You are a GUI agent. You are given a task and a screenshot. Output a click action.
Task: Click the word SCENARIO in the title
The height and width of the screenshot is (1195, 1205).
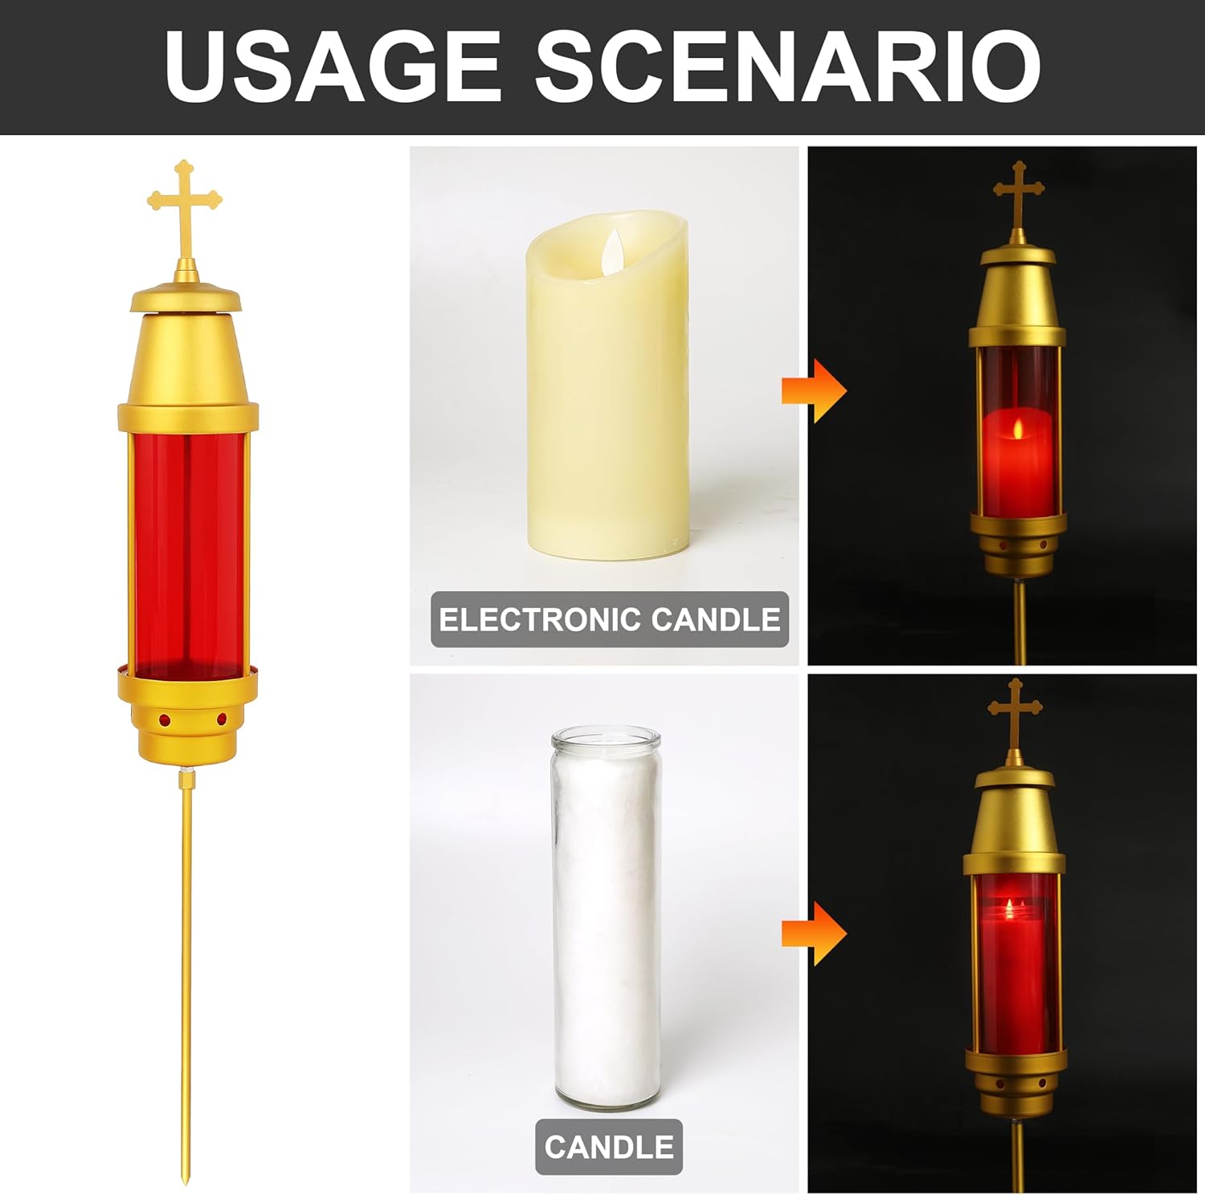click(x=787, y=66)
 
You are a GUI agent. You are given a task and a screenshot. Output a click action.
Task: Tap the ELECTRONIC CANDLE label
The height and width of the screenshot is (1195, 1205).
click(x=610, y=619)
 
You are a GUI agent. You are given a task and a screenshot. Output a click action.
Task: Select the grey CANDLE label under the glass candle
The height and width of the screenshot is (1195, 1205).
click(x=609, y=1146)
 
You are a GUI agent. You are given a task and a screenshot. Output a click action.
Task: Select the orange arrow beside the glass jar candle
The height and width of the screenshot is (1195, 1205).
click(x=814, y=933)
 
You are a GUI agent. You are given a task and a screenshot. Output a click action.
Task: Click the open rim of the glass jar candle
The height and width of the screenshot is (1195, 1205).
click(x=606, y=737)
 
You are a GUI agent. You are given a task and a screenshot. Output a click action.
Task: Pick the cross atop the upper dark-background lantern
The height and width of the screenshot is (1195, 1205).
click(x=1019, y=193)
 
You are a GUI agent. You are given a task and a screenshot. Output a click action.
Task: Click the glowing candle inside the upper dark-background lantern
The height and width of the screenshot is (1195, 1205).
click(x=1015, y=458)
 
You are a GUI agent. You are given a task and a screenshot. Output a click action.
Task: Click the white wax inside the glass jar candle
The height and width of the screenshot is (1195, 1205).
click(x=606, y=924)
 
